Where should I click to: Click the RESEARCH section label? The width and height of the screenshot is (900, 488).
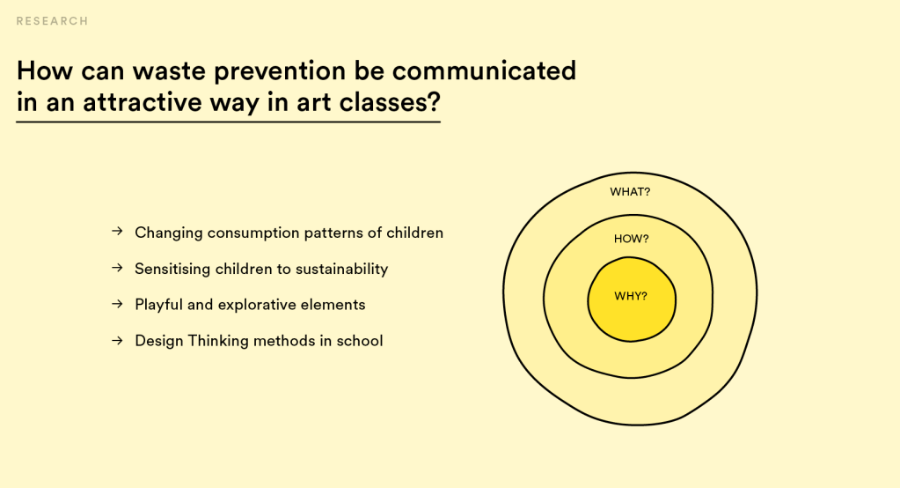point(52,21)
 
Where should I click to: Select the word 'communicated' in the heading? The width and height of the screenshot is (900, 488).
point(485,70)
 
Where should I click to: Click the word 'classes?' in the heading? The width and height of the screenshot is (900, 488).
point(390,102)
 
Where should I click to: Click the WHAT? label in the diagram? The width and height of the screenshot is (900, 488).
point(630,192)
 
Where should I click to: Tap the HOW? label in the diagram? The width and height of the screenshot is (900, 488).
point(632,239)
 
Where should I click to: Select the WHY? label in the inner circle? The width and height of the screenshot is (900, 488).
point(631,297)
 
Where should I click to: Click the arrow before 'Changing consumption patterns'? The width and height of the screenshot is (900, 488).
point(117,231)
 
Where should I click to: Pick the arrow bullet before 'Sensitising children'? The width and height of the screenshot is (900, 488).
point(117,267)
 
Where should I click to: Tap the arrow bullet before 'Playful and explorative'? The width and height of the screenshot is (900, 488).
point(117,304)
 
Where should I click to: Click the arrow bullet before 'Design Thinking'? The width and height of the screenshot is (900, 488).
point(117,340)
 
